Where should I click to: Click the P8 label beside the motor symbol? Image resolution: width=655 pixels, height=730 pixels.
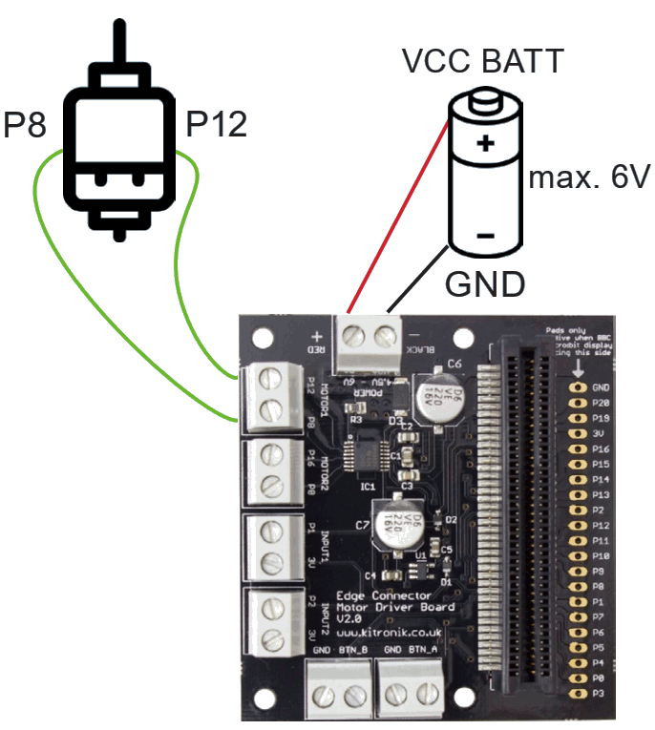coord(25,124)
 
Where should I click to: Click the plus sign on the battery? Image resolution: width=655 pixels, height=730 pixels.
coord(485,144)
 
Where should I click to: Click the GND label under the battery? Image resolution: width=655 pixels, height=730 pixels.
coord(485,283)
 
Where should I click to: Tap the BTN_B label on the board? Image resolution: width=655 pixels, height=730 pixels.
coord(354,650)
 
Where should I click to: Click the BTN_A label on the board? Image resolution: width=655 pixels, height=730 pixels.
coord(424,650)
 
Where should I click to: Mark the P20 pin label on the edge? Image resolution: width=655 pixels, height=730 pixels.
coord(601,403)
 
